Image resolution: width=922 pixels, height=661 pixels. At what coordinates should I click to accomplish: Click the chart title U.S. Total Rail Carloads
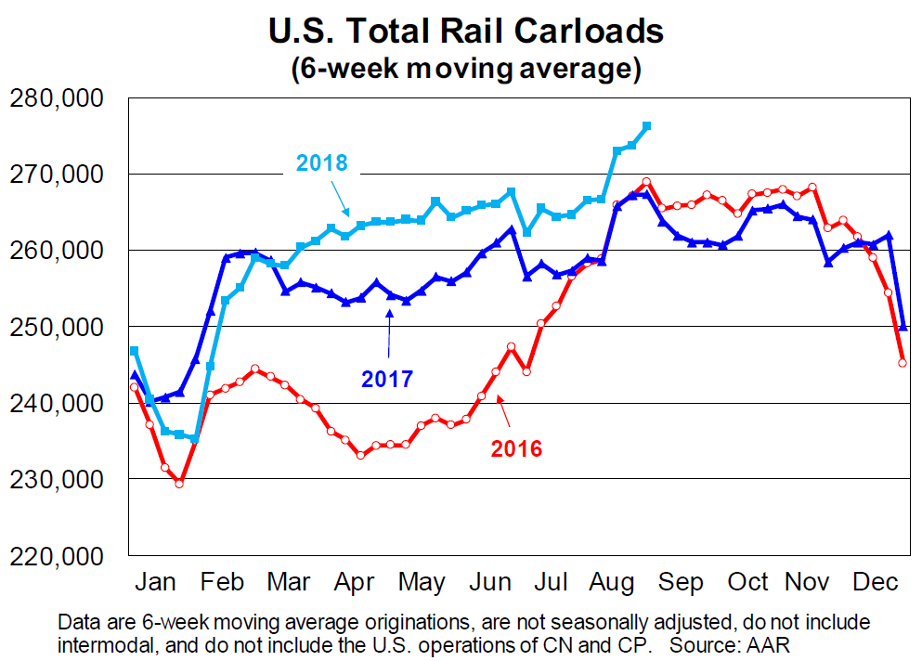tap(465, 32)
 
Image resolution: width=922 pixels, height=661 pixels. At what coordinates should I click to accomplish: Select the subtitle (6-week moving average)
tap(465, 69)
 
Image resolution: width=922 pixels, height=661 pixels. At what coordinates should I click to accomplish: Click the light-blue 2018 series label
tap(321, 164)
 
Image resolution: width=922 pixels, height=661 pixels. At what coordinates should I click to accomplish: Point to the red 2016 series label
tap(516, 449)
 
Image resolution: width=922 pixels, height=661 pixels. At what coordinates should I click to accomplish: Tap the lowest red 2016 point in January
tap(179, 483)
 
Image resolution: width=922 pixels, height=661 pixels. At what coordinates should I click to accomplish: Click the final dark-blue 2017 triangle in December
tap(903, 327)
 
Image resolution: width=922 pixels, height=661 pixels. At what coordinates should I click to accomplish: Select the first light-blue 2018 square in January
tap(135, 351)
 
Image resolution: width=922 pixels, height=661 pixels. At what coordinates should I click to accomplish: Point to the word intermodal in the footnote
tap(105, 642)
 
